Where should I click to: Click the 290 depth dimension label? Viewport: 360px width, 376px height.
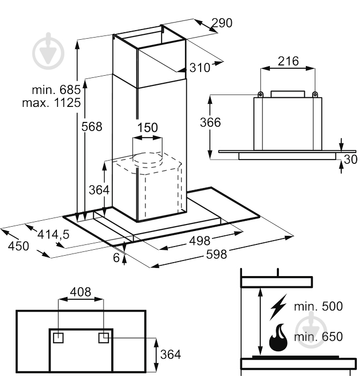[x=222, y=23]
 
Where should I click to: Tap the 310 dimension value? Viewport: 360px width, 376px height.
[x=200, y=68]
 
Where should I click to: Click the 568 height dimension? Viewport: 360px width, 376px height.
[x=91, y=127]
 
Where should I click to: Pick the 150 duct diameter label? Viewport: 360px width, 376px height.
[x=148, y=127]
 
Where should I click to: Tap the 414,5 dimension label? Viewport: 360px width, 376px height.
[x=54, y=234]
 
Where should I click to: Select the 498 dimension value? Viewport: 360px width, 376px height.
[x=200, y=242]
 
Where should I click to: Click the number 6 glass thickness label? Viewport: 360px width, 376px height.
[x=116, y=257]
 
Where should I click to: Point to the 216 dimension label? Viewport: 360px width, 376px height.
[x=288, y=61]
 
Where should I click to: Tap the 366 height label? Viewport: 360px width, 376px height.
[x=210, y=122]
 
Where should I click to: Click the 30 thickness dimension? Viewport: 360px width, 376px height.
[x=350, y=160]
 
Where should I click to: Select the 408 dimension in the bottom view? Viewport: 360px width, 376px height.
[x=80, y=292]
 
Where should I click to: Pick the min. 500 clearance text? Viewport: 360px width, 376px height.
[x=318, y=307]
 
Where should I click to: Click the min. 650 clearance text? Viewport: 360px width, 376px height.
[x=318, y=337]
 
